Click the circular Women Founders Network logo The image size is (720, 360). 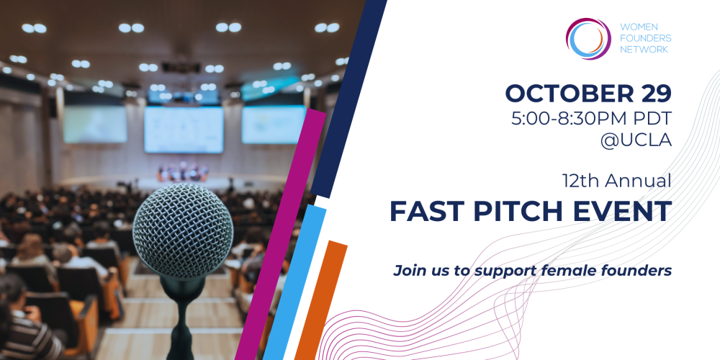pos(588,39)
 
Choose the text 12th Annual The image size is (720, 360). pos(617,181)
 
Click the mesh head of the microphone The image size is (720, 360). pos(183,230)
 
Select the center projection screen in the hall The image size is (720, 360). pos(184,130)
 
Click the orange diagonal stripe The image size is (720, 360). pos(321,300)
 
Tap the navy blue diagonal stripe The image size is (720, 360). pos(348,98)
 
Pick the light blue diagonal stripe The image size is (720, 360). pos(294,282)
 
